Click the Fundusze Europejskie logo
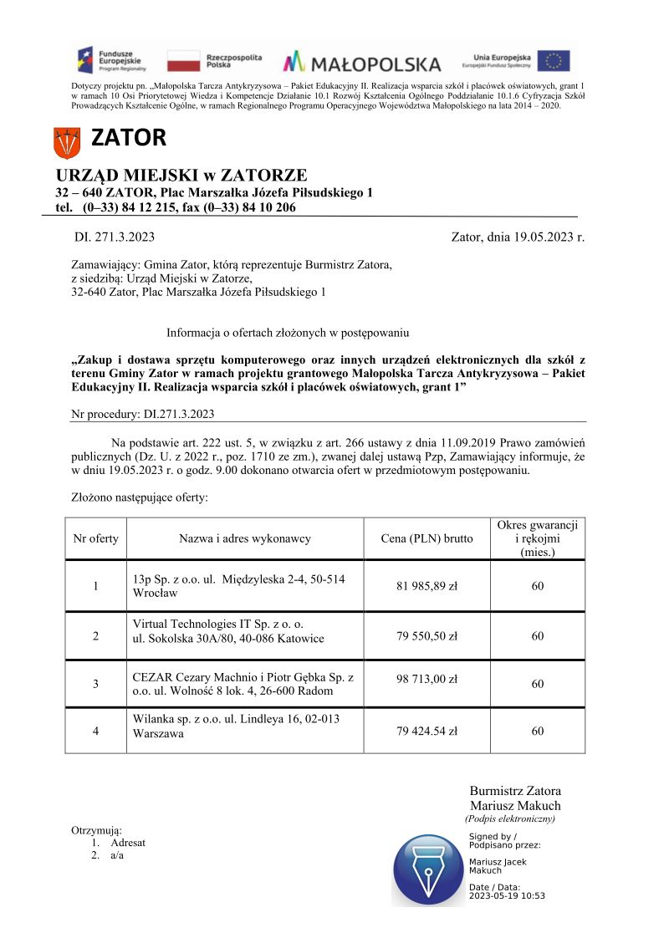point(111,60)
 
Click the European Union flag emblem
point(553,61)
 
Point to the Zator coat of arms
point(66,143)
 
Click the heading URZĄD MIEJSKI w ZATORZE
point(181,176)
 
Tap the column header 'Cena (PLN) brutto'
point(426,538)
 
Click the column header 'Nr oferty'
point(96,538)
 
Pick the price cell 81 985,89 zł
point(426,586)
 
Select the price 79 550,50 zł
point(426,636)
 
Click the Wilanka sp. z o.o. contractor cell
point(237,726)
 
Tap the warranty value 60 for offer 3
point(537,684)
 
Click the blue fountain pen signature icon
point(428,870)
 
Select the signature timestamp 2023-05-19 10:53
point(507,895)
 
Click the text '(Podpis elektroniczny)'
point(510,818)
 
